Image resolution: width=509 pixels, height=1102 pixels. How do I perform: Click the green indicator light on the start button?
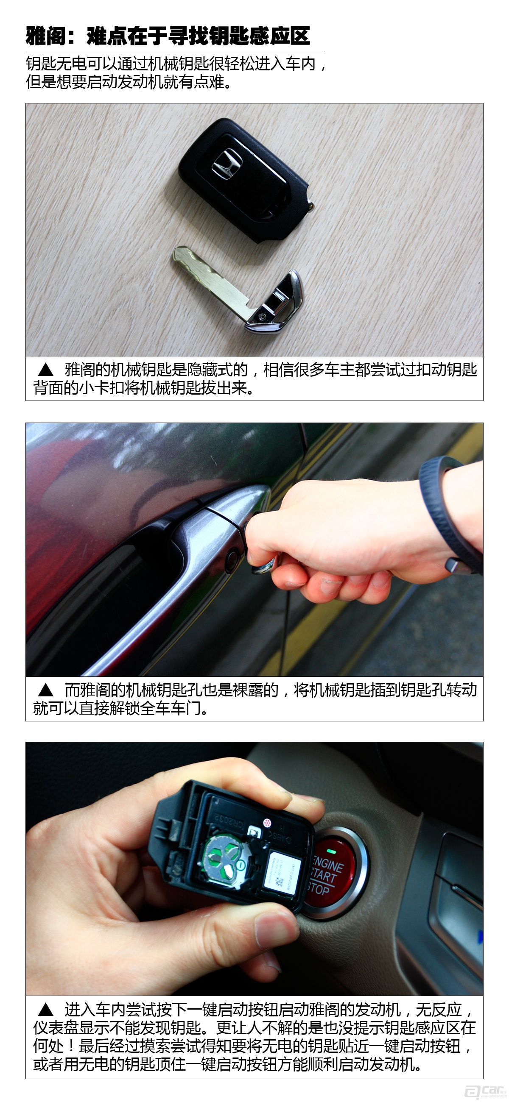point(330,839)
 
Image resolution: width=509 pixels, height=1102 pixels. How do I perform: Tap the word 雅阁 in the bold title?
point(45,36)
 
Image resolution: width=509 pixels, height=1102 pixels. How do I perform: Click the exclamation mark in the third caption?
point(71,1046)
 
